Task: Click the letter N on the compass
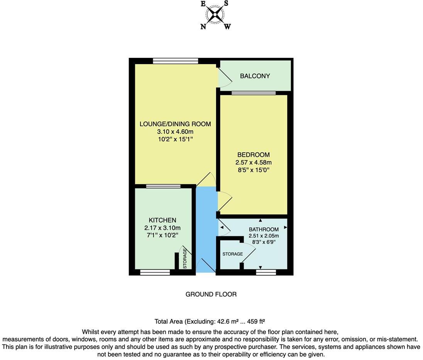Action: click(203, 27)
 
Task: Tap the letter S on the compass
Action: click(227, 3)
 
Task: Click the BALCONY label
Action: click(255, 76)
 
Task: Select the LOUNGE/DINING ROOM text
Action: click(175, 124)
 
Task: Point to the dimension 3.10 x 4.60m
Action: click(175, 132)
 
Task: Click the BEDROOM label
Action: click(253, 155)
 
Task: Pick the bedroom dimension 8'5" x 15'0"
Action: click(253, 170)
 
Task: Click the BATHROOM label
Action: click(264, 229)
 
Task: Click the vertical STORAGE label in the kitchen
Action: click(185, 259)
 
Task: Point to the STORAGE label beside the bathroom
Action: click(232, 254)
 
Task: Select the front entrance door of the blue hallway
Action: click(206, 266)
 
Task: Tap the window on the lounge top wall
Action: click(175, 61)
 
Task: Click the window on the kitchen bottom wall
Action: click(155, 272)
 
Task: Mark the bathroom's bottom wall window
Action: click(266, 272)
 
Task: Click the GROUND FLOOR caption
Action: click(211, 294)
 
